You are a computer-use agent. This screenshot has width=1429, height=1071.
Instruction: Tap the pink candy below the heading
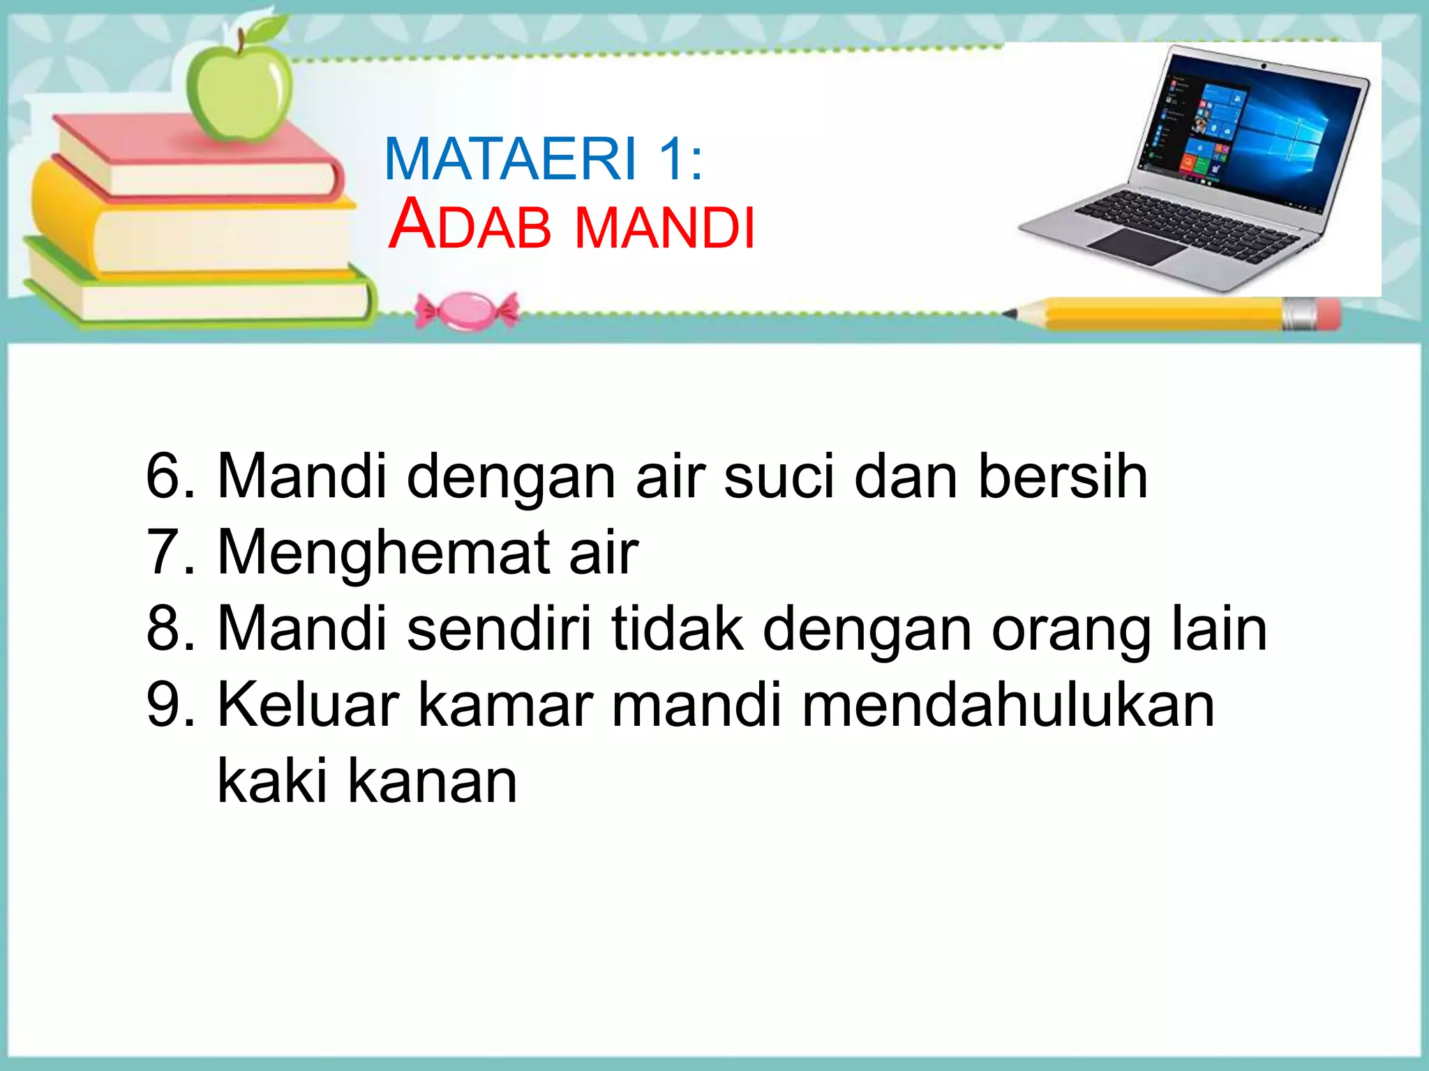point(467,311)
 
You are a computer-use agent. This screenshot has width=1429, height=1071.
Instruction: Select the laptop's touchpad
point(1137,245)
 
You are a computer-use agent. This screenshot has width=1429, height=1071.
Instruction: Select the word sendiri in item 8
point(498,629)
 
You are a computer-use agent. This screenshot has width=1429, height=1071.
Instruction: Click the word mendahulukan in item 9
point(1008,705)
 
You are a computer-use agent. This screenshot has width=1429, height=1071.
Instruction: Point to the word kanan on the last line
point(433,781)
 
